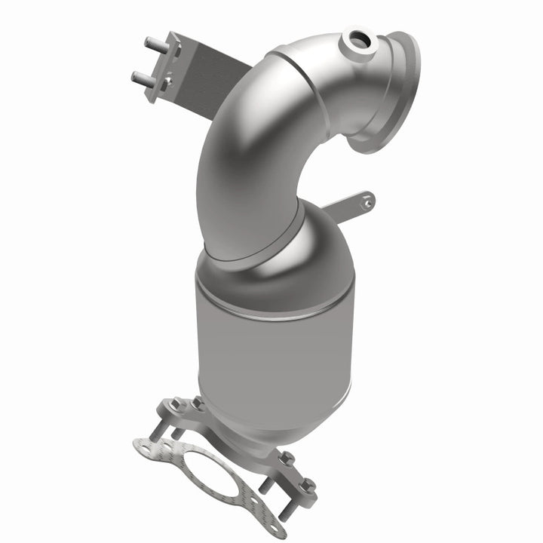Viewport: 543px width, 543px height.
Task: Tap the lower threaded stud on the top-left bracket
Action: (x=139, y=76)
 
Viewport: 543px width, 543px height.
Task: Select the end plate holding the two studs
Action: (x=164, y=69)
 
